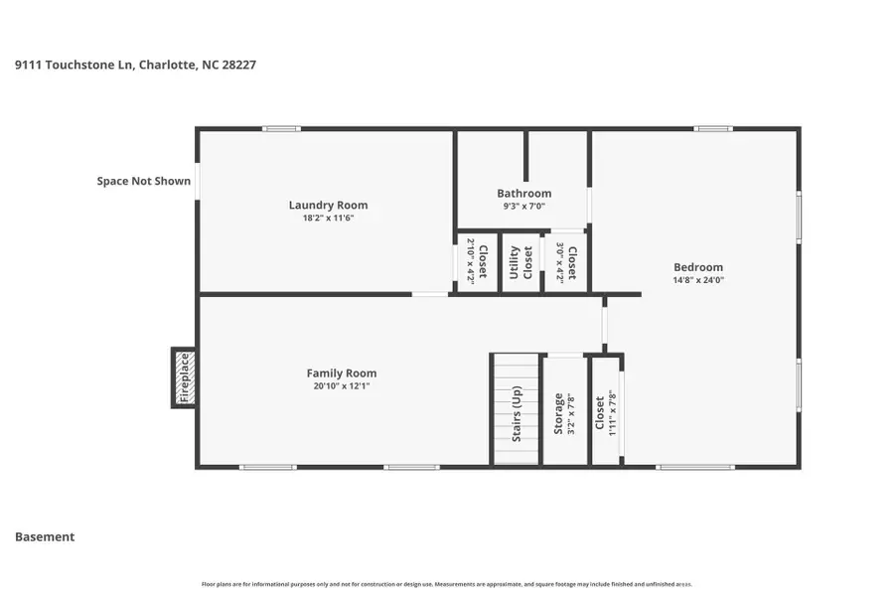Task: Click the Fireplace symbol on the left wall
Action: click(x=183, y=377)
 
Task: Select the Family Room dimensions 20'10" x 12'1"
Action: click(x=341, y=386)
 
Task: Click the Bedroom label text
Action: click(x=698, y=267)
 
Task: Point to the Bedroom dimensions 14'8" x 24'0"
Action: click(x=698, y=280)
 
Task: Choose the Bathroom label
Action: click(x=523, y=194)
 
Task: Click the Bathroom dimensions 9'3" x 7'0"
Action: click(x=523, y=207)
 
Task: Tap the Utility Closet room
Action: click(x=521, y=261)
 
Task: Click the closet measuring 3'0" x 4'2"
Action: click(x=565, y=262)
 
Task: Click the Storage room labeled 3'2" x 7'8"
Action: click(x=565, y=410)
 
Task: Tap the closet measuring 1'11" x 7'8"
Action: click(x=605, y=410)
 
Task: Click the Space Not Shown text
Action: click(x=143, y=182)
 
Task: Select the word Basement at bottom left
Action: click(x=45, y=537)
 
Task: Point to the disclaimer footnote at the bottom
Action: click(x=447, y=584)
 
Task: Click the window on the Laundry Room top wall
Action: click(x=282, y=128)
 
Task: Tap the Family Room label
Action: click(x=341, y=373)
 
